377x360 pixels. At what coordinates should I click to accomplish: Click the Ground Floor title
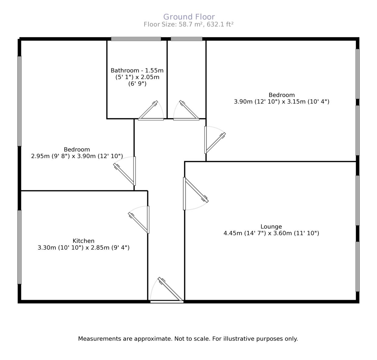coord(189,17)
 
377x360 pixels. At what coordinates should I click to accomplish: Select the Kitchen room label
coord(83,241)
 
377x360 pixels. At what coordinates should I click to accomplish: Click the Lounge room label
coord(271,226)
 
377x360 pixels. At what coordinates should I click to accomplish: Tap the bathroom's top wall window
coord(136,39)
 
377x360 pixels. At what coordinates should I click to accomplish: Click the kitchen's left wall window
coord(19,247)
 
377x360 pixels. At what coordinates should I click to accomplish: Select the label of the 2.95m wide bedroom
coord(77,149)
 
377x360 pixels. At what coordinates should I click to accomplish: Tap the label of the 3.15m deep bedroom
coord(281,95)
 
